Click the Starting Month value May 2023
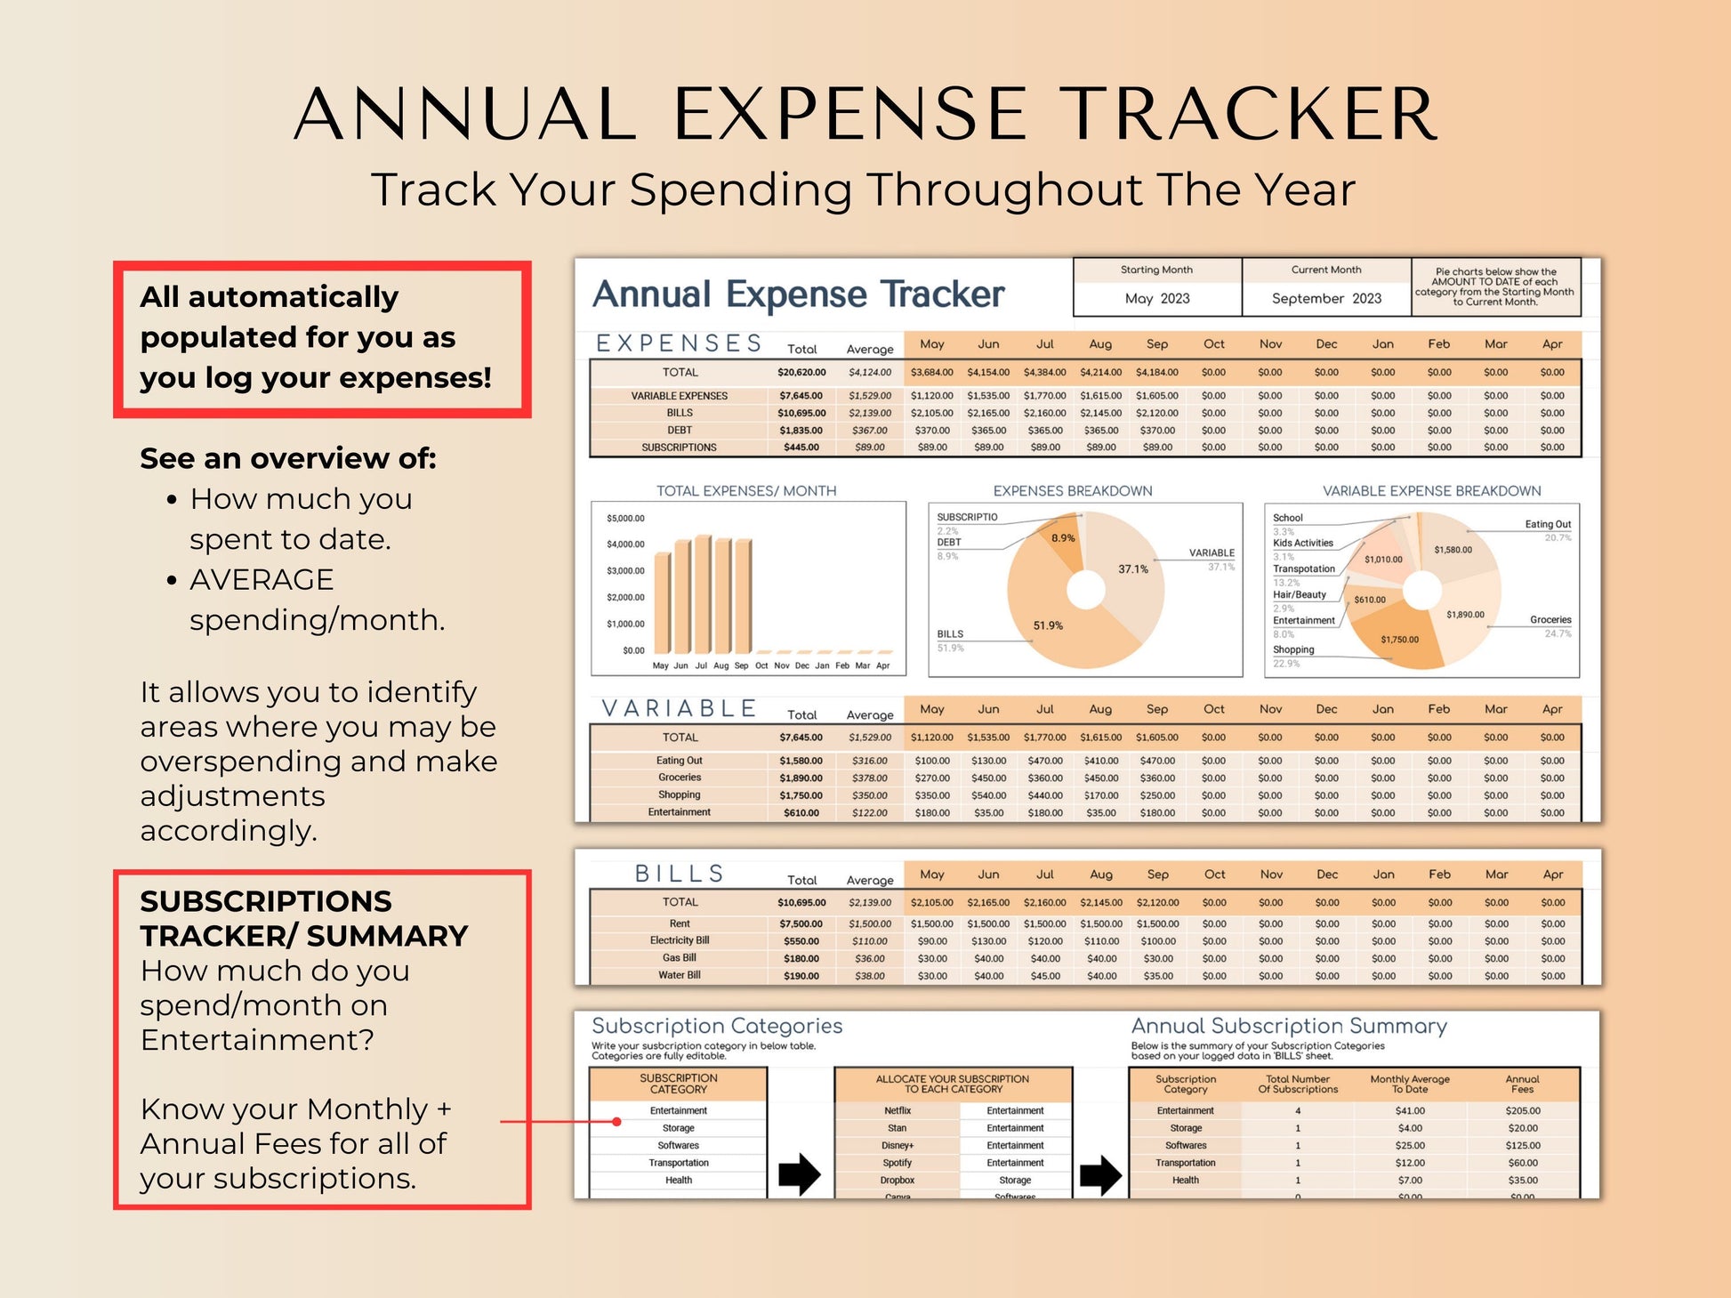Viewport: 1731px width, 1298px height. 1156,299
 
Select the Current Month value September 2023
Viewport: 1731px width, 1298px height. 1325,299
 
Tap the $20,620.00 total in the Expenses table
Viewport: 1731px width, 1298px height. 801,373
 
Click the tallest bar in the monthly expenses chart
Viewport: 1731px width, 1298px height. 703,593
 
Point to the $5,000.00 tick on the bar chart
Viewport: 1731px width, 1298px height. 625,519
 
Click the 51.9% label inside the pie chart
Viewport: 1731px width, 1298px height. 1048,626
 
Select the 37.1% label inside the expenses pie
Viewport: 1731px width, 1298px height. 1132,569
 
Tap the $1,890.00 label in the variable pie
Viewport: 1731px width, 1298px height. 1465,615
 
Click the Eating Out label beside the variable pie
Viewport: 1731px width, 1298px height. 1548,525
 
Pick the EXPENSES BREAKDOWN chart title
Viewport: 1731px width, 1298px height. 1072,491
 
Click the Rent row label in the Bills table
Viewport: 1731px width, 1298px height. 680,924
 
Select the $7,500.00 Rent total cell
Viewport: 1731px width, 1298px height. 801,924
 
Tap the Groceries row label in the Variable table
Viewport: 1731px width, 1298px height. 680,778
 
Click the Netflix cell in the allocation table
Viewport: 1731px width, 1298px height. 898,1111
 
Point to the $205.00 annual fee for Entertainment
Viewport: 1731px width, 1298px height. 1522,1111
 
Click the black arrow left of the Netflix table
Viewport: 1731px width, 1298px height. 799,1174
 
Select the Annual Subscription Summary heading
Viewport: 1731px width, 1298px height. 1289,1027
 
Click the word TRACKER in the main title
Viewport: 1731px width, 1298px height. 1252,115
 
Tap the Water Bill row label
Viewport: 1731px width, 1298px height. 680,976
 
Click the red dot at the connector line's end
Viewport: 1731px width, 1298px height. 616,1122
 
